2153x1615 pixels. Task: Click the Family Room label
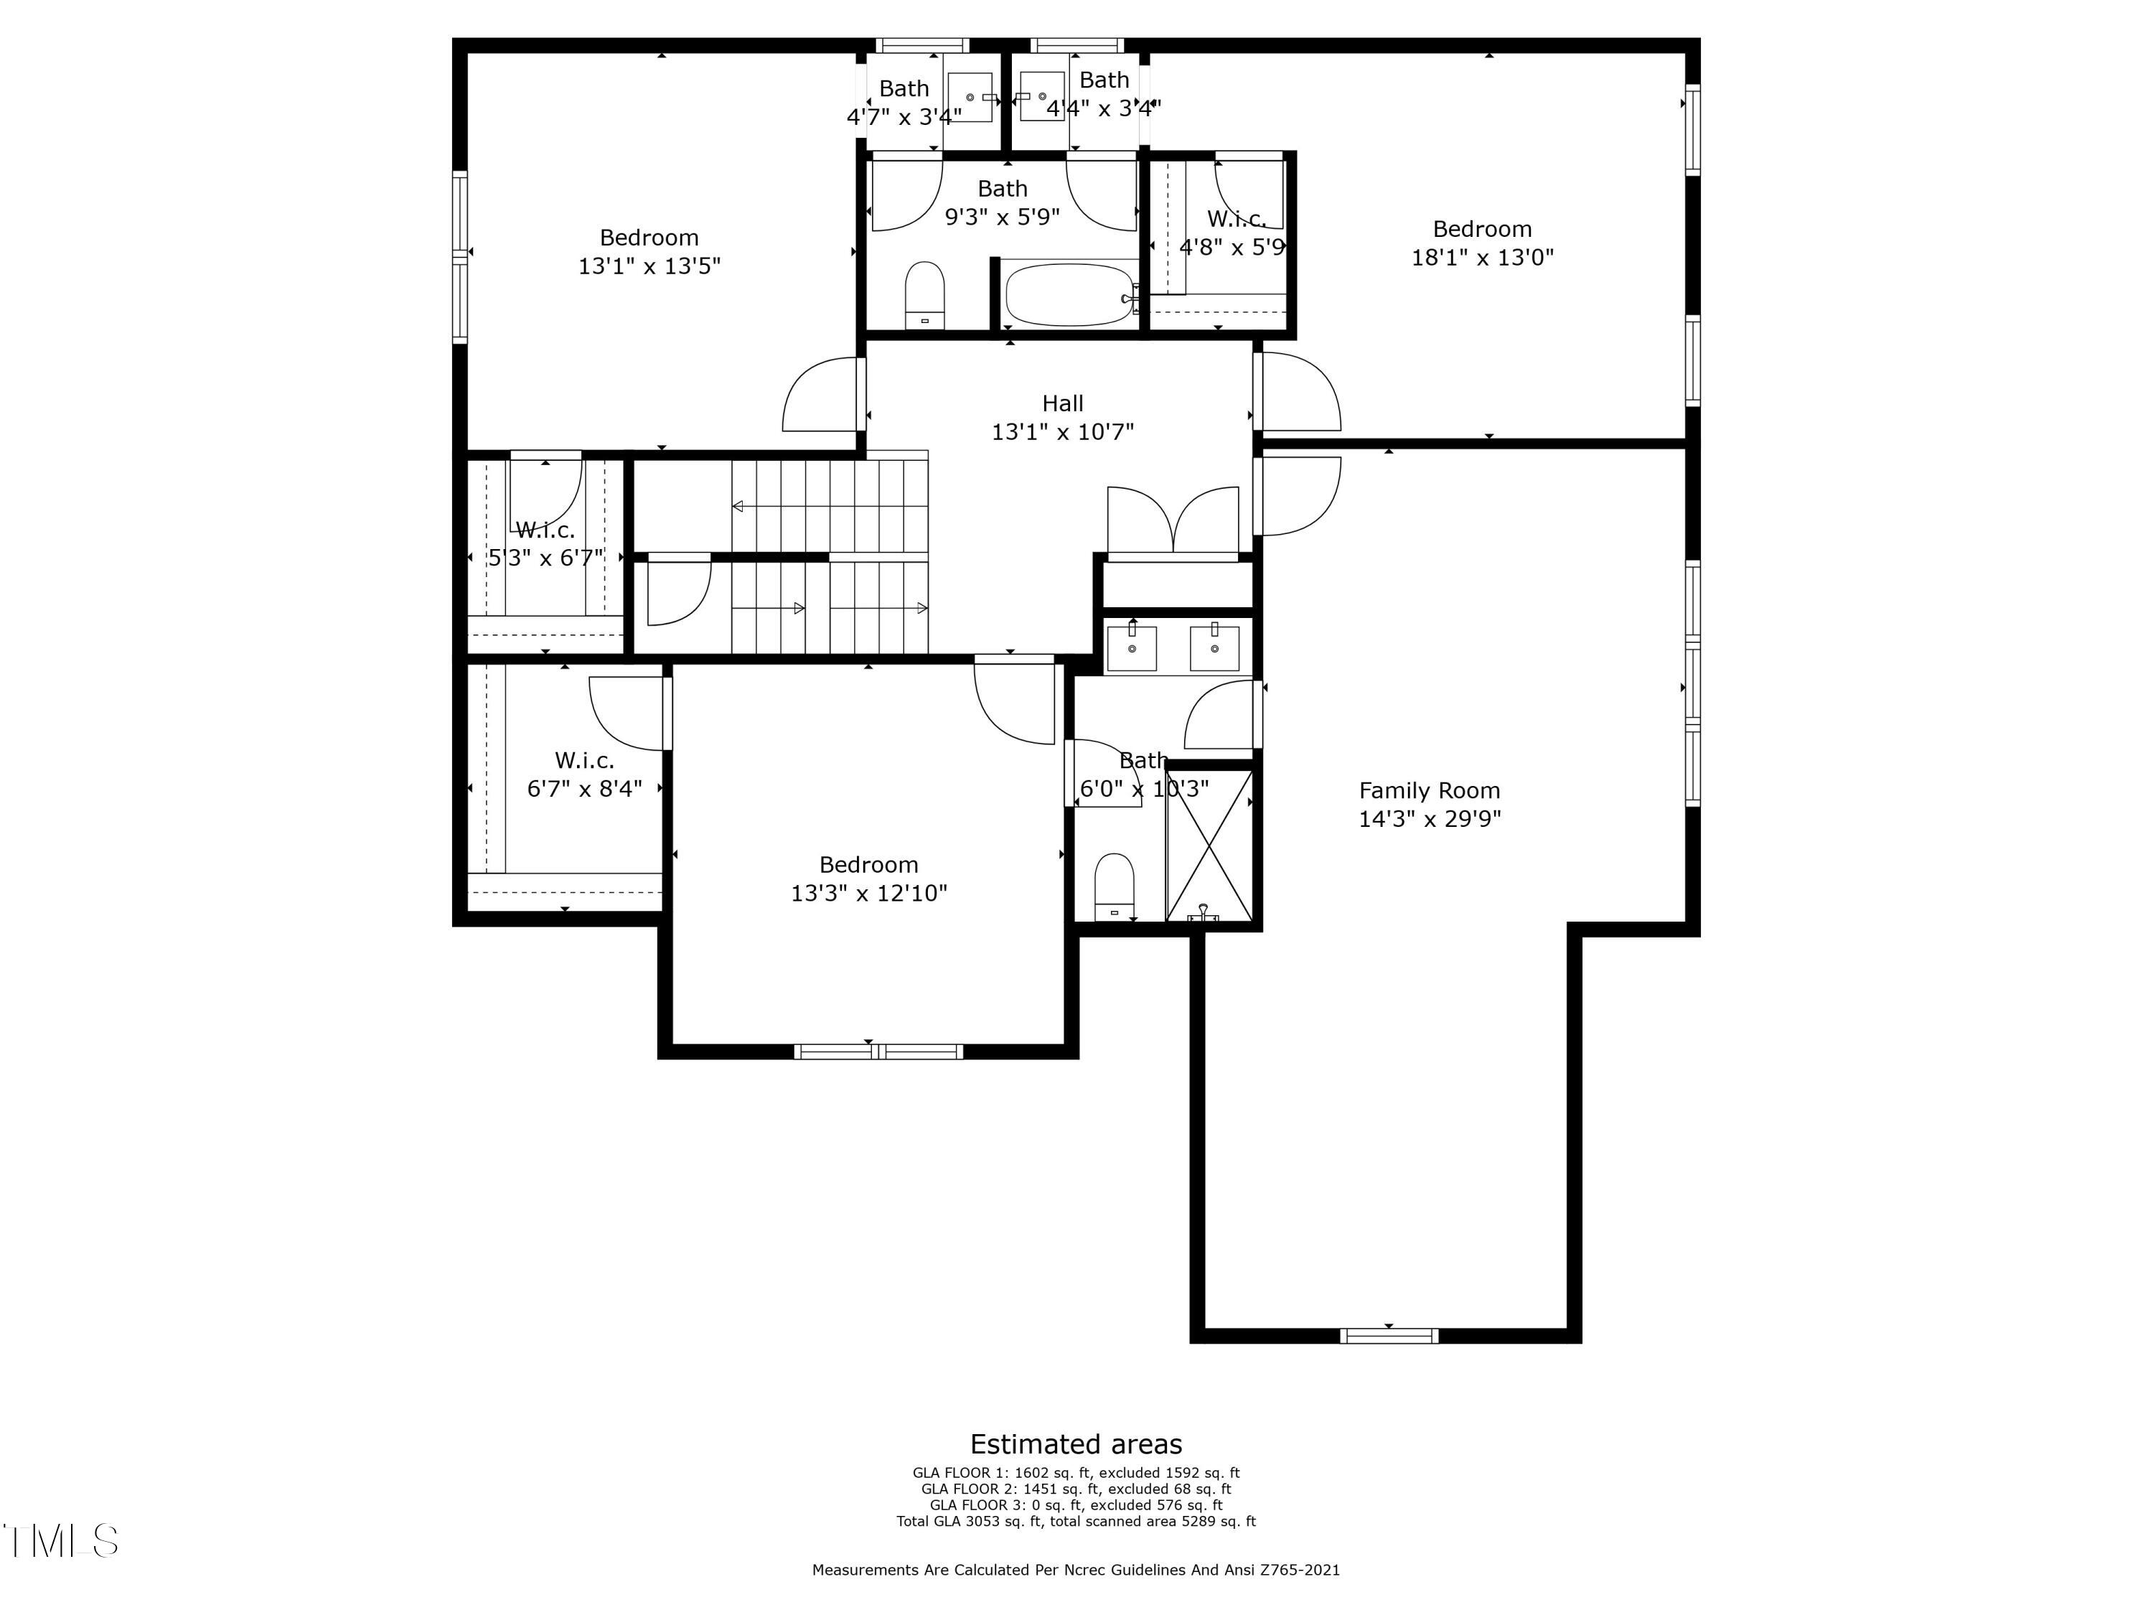click(x=1429, y=790)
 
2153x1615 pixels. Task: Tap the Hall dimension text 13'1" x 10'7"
click(x=1063, y=431)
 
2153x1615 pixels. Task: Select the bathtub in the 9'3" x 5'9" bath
click(x=1069, y=294)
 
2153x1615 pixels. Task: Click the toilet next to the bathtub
click(x=924, y=294)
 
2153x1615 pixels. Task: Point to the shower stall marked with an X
click(x=1209, y=843)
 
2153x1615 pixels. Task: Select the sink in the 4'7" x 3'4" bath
click(x=970, y=98)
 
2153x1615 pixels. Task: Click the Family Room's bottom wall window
click(x=1389, y=1336)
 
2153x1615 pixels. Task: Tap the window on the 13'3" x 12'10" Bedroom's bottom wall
click(x=878, y=1052)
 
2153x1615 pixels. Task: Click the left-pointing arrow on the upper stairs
click(x=738, y=506)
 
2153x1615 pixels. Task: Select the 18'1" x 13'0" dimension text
click(x=1483, y=258)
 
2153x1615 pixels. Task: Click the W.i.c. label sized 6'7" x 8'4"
click(x=584, y=760)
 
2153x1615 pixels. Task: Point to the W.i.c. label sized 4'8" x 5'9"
click(x=1236, y=219)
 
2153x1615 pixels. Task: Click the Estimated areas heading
click(x=1076, y=1443)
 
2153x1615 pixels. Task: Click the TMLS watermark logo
click(x=60, y=1540)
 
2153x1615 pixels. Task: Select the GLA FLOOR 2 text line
click(x=1076, y=1489)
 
